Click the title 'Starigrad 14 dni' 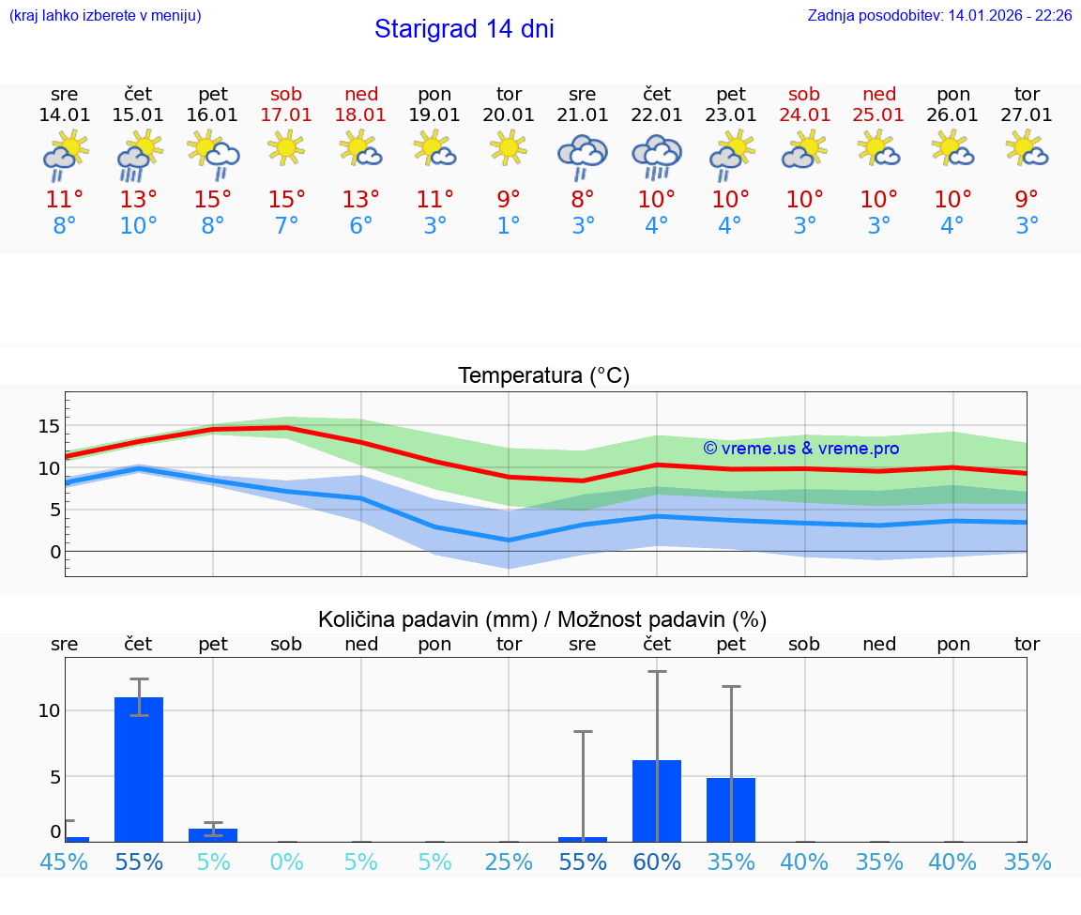[464, 29]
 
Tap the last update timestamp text [939, 16]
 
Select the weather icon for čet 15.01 [138, 155]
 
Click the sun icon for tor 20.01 [509, 148]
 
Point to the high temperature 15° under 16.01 [213, 200]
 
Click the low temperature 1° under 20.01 [509, 226]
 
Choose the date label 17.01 [287, 114]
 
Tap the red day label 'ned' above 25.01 [879, 94]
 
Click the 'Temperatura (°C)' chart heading [543, 376]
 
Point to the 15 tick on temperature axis [49, 427]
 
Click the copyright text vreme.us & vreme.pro [801, 449]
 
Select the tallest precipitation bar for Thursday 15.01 [139, 769]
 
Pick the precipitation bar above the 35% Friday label [731, 809]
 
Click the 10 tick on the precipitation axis [49, 710]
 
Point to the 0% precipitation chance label [287, 862]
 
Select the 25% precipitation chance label [509, 862]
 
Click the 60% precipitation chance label [657, 862]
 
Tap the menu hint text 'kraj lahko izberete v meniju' [105, 16]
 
